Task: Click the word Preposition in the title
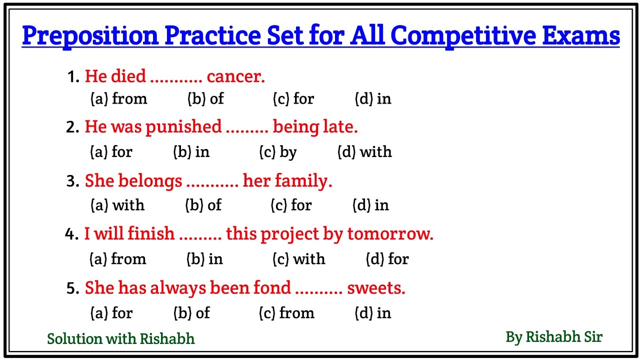point(90,36)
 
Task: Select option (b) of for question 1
point(205,99)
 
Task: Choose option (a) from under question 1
point(119,99)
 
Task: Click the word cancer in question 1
point(235,76)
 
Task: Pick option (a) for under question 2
point(111,152)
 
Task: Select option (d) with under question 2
point(364,152)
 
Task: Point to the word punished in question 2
point(183,127)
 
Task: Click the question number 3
point(72,181)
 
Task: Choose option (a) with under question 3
point(117,205)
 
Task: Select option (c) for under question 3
point(291,205)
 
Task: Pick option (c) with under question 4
point(298,259)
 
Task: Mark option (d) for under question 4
point(387,259)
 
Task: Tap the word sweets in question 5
point(376,288)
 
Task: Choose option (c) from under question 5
point(286,313)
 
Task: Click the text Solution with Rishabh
point(120,339)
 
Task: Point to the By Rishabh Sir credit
point(554,337)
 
